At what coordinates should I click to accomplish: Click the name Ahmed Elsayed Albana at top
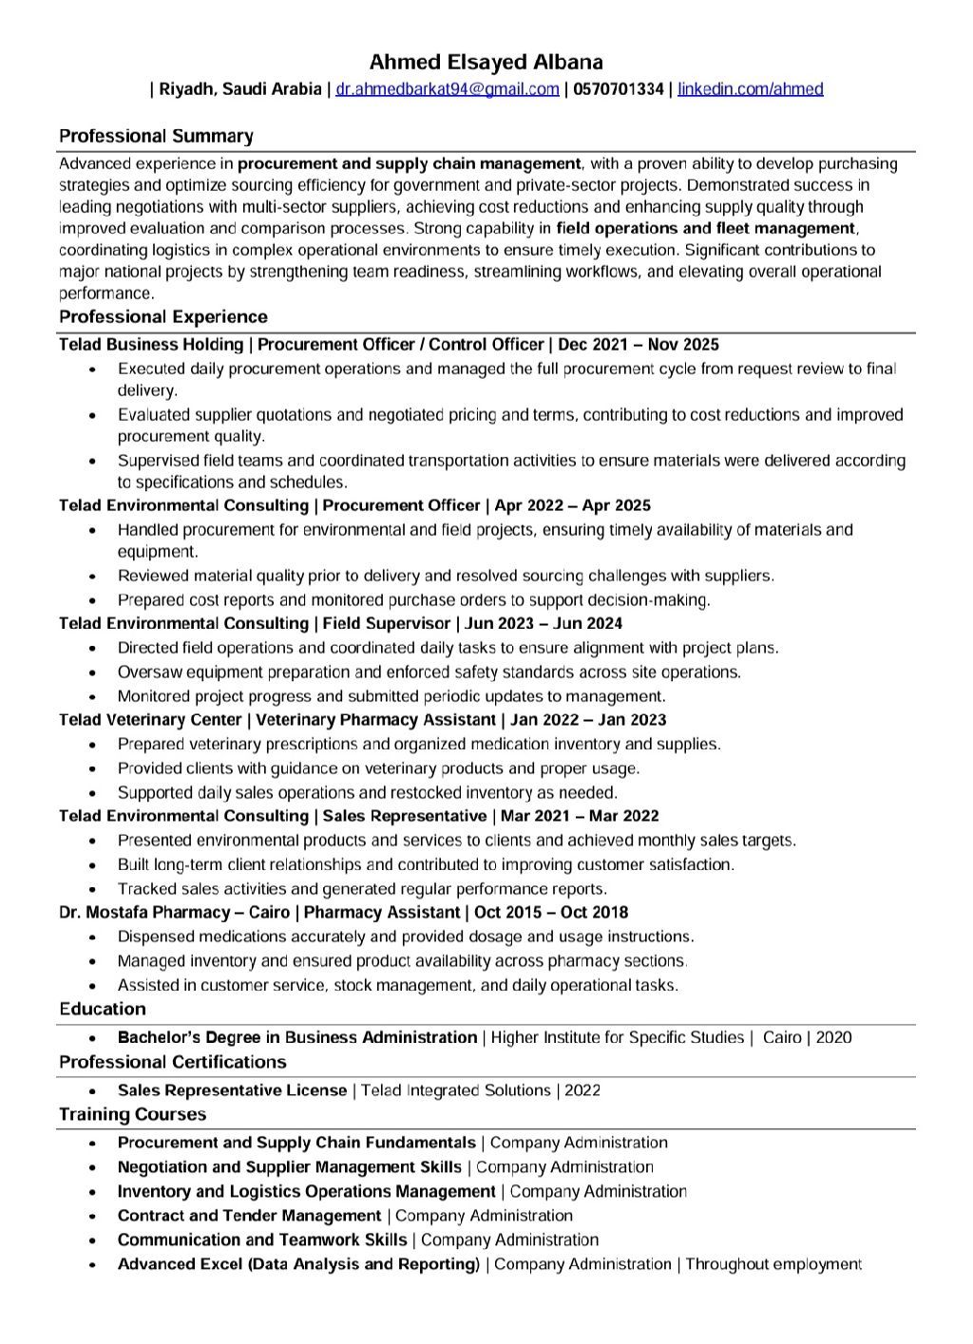click(x=486, y=63)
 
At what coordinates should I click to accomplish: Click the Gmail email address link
click(x=448, y=89)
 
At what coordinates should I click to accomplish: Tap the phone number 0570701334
click(x=619, y=89)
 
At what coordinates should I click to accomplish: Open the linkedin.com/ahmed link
click(x=750, y=89)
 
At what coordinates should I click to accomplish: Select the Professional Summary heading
click(x=156, y=136)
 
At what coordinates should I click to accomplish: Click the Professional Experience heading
click(x=163, y=316)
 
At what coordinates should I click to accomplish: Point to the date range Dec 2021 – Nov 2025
click(x=639, y=344)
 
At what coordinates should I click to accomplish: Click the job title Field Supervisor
click(x=387, y=623)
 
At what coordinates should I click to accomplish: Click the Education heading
click(x=103, y=1009)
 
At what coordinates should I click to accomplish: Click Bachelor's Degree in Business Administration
click(x=297, y=1037)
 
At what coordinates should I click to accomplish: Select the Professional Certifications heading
click(x=173, y=1061)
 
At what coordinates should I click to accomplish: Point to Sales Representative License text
click(x=232, y=1090)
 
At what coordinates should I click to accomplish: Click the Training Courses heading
click(x=133, y=1114)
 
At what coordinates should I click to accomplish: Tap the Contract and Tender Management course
click(x=249, y=1215)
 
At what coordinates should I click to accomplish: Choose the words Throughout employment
click(x=773, y=1263)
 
